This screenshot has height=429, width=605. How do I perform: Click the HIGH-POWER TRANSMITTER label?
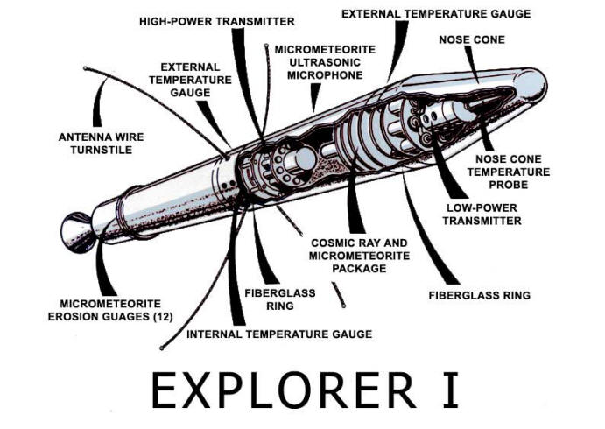[x=217, y=21]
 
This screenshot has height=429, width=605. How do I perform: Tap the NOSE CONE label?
[x=472, y=39]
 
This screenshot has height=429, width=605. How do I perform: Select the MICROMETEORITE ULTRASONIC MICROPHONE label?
[x=325, y=62]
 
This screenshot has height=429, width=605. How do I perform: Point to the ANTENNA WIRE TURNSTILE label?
[x=101, y=144]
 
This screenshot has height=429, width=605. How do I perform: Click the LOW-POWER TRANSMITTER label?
[x=482, y=214]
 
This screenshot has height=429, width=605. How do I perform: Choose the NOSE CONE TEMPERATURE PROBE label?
[x=509, y=172]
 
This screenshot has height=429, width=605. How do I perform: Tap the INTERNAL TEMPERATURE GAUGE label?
[x=279, y=334]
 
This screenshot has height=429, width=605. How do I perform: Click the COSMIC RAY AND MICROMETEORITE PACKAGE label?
[x=359, y=256]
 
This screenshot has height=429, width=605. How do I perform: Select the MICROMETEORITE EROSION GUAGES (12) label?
[x=110, y=310]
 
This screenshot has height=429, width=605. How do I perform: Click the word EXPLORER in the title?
[x=284, y=390]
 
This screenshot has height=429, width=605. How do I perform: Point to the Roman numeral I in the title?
[x=450, y=390]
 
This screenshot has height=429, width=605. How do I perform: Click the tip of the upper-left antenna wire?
[x=85, y=68]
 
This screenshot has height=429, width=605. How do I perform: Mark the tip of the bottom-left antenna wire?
[x=162, y=348]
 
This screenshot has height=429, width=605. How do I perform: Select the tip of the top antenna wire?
[x=266, y=46]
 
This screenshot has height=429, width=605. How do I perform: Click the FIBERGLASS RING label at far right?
[x=480, y=296]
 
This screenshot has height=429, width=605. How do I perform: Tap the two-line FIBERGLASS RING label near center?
[x=280, y=299]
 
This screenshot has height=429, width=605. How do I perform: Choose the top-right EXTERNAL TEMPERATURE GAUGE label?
[x=436, y=14]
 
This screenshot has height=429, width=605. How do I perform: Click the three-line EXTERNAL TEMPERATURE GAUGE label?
[x=190, y=80]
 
